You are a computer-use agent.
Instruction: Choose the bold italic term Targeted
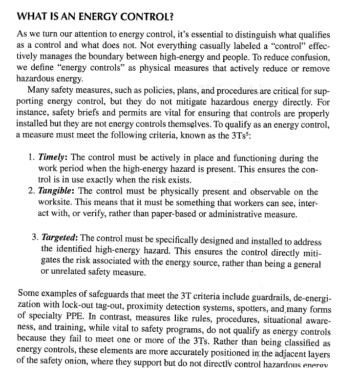pyautogui.click(x=60, y=238)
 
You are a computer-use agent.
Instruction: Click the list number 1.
pyautogui.click(x=31, y=159)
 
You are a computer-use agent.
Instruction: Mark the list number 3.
pyautogui.click(x=35, y=238)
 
